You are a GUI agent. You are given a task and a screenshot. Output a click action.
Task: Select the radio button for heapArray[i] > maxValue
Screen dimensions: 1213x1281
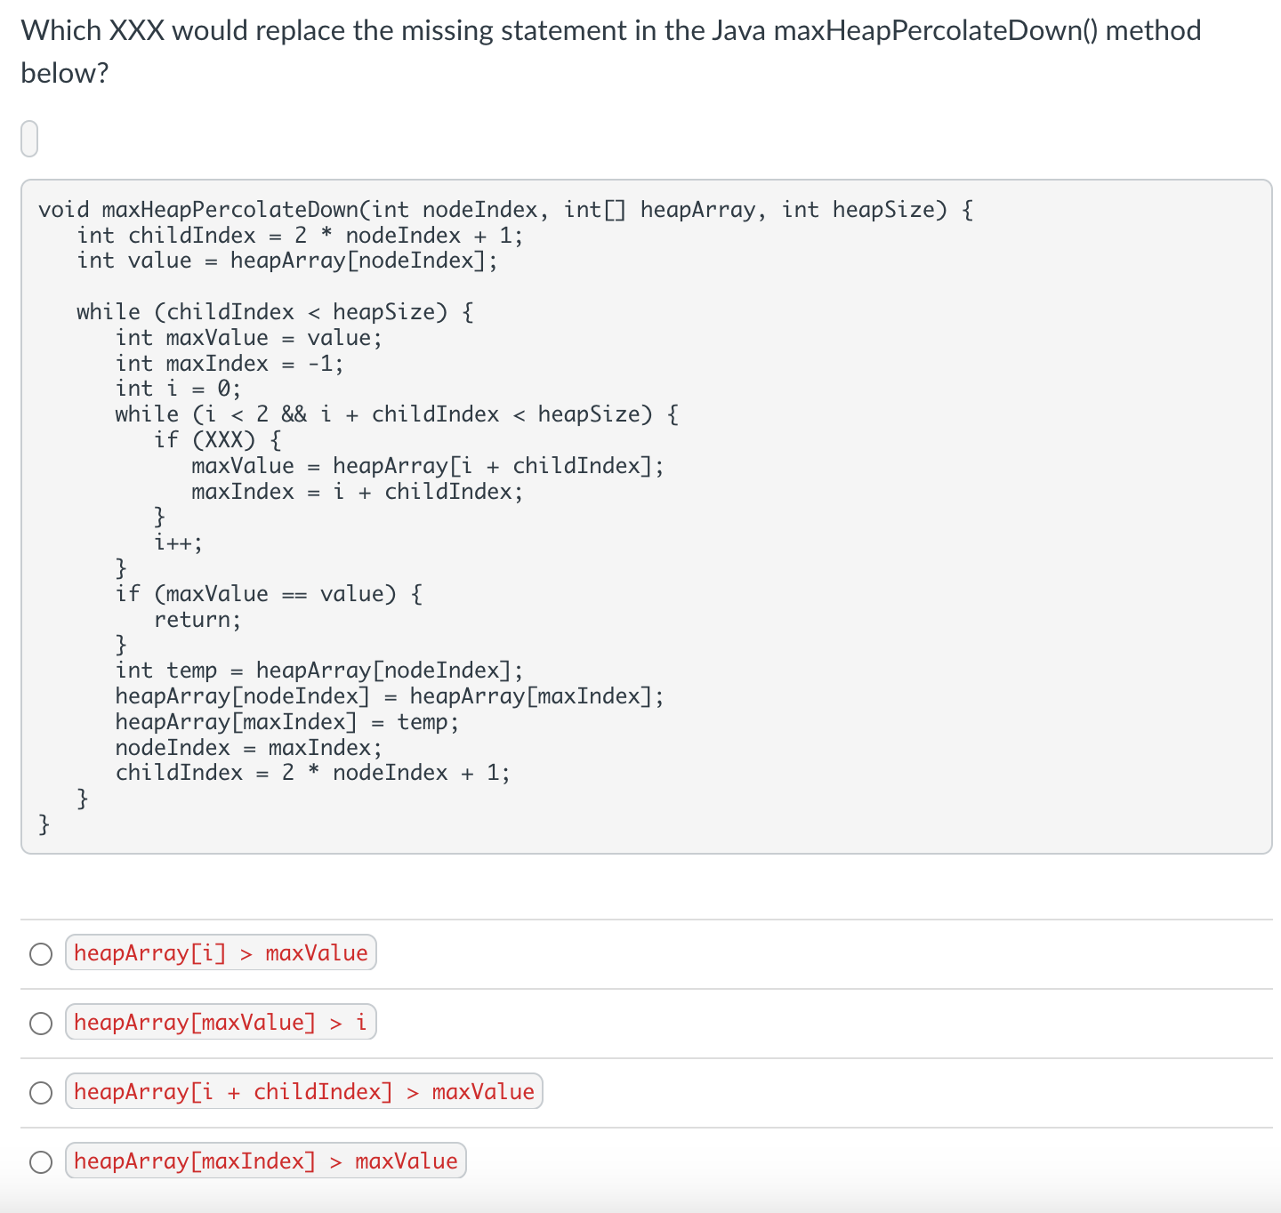(41, 954)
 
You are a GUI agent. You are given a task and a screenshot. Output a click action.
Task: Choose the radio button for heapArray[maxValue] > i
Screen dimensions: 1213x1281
(41, 1024)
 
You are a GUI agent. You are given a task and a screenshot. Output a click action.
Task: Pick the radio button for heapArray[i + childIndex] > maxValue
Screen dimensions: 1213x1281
(41, 1093)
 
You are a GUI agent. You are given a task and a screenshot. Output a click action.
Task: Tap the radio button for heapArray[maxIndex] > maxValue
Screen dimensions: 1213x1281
(41, 1162)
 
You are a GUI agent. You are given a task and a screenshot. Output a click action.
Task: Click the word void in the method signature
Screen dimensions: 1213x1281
(64, 210)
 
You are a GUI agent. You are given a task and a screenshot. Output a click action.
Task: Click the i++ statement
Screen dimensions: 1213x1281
(178, 542)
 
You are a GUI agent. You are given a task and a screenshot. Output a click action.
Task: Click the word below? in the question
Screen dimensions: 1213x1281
(64, 73)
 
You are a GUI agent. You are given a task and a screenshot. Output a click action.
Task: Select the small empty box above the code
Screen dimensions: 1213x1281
(29, 139)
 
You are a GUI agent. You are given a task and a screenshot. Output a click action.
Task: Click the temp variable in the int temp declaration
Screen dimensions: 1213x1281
(192, 671)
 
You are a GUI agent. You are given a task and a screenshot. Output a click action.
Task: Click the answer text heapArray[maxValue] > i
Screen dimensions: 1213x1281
(221, 1023)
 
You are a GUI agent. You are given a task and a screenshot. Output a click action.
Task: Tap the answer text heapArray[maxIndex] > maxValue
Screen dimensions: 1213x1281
(265, 1161)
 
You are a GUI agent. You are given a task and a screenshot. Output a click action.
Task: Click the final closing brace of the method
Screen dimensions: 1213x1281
(44, 824)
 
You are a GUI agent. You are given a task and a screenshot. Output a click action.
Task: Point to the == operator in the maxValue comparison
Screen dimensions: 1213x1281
(294, 594)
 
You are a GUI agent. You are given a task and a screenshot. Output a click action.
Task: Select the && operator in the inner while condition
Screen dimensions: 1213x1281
(294, 414)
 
